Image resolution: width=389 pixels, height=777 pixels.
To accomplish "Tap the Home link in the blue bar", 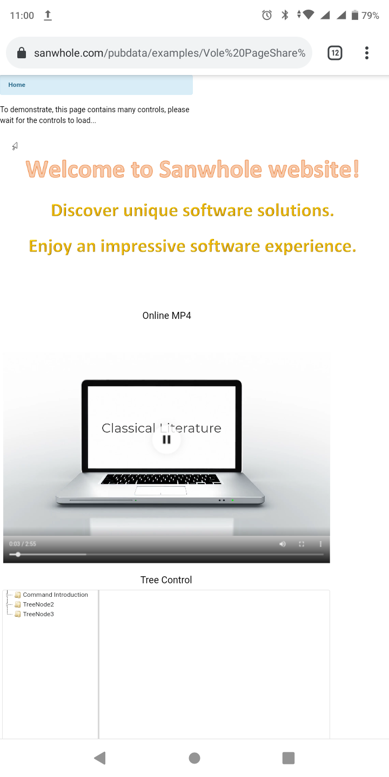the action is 17,85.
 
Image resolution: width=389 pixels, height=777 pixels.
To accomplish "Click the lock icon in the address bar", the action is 22,53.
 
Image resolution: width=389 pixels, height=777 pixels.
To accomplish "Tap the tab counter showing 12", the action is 335,53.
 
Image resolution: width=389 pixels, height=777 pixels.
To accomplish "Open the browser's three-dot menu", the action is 366,53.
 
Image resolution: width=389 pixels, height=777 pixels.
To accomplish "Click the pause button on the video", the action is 167,439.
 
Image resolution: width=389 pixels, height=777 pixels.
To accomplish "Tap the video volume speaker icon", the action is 283,544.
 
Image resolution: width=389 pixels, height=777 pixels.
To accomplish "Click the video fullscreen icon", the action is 301,544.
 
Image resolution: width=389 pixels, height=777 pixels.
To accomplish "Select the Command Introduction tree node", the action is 55,595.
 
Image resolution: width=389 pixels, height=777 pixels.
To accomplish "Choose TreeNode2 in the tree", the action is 38,604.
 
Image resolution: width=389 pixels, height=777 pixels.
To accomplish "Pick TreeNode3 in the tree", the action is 38,614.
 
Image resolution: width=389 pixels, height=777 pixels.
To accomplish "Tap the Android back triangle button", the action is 100,758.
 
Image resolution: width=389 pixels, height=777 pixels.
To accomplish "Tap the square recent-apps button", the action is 289,758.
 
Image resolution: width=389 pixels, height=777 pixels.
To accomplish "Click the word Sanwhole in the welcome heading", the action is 211,169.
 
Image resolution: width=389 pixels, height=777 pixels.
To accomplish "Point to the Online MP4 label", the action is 167,316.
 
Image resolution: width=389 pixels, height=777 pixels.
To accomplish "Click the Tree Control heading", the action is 166,580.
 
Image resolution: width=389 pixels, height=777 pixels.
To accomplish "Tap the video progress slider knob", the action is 18,554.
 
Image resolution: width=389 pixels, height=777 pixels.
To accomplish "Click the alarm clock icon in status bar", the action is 267,15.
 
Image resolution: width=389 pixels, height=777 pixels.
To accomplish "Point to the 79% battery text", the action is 370,16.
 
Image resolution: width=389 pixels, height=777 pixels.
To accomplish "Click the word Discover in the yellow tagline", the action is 85,210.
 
